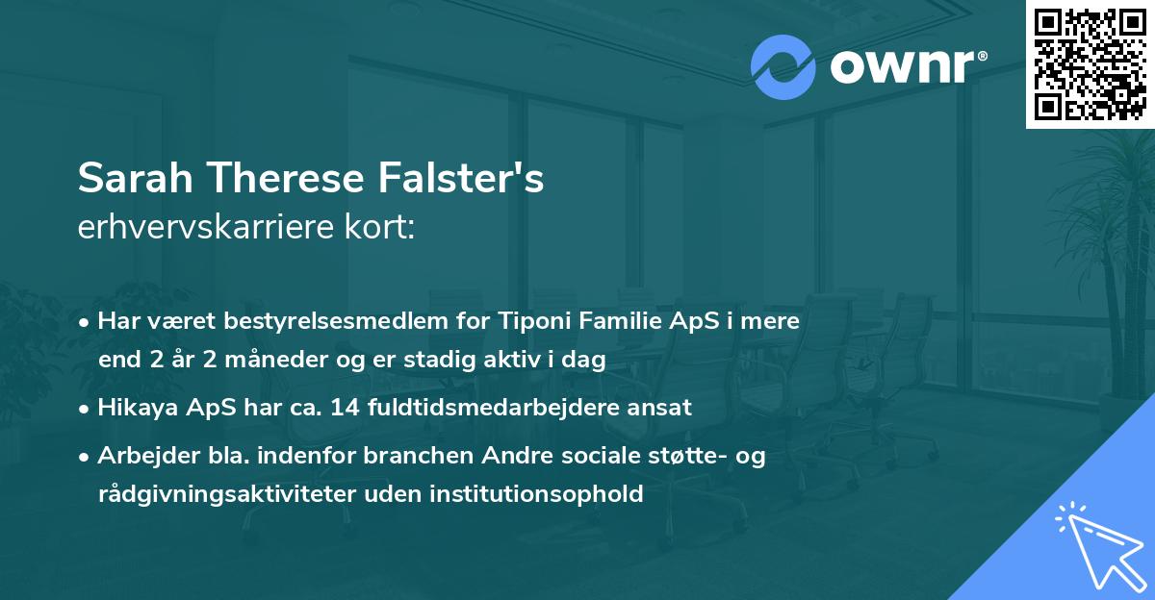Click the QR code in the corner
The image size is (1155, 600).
[x=1090, y=63]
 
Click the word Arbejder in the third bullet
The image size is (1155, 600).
[x=139, y=456]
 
